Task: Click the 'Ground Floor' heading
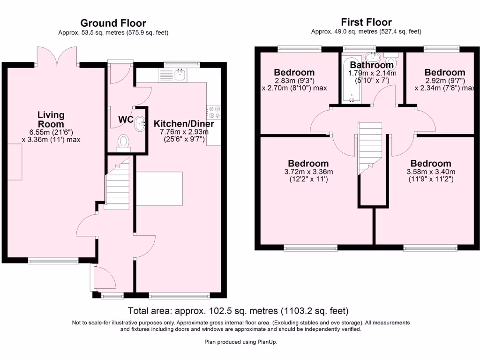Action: point(113,23)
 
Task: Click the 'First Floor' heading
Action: point(366,22)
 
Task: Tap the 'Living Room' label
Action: point(51,120)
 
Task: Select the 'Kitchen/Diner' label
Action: point(184,124)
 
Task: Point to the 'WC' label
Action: point(125,120)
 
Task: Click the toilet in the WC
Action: point(124,142)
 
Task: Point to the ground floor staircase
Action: point(116,182)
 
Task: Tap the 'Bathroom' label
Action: point(372,65)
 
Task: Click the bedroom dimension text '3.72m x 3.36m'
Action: point(308,172)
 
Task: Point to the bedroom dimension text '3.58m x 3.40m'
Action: point(431,172)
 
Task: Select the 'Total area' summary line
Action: point(238,311)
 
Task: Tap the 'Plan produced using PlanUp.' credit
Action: point(240,342)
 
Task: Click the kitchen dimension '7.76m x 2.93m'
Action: point(184,132)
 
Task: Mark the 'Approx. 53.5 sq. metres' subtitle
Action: point(113,33)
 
